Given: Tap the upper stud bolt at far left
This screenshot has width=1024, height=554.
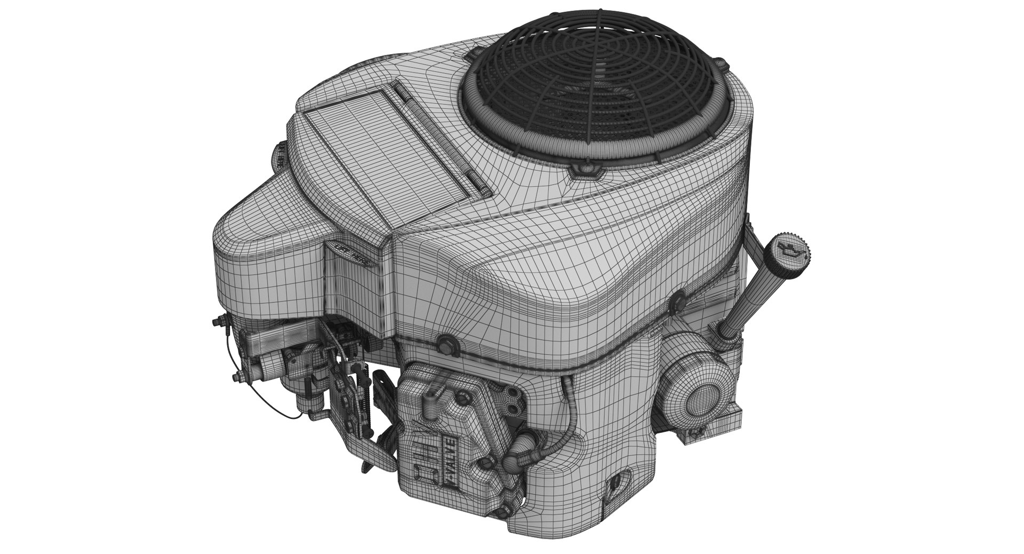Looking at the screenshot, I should tap(218, 322).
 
